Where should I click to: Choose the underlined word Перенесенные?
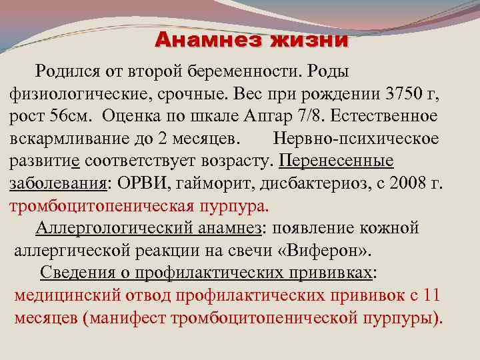337,161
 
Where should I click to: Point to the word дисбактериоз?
307,184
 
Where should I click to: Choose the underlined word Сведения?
76,273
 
